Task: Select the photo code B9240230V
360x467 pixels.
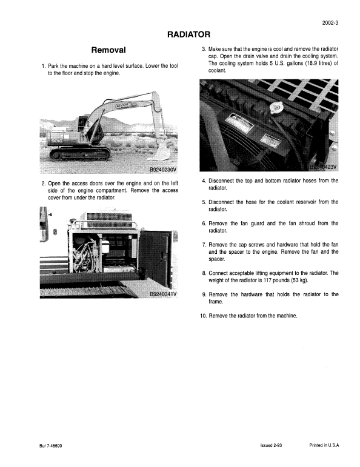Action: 163,169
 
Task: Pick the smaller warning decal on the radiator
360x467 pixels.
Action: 273,143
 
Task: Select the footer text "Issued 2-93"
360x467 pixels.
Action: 271,445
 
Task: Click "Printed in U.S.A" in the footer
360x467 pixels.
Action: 324,445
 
